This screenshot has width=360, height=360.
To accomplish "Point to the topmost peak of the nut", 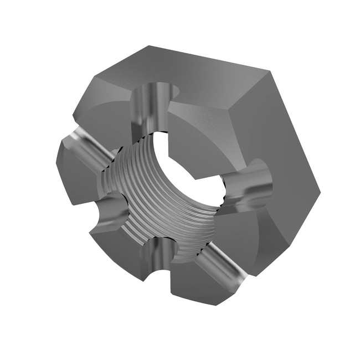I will click(x=147, y=45).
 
